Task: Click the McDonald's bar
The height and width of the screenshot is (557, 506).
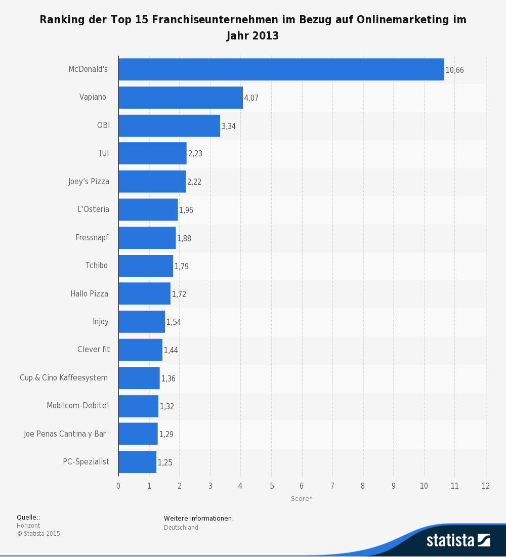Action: [281, 70]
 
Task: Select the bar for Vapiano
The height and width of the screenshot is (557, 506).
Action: [181, 98]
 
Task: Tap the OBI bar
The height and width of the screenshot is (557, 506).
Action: [169, 126]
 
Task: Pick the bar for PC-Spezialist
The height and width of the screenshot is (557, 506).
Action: [137, 462]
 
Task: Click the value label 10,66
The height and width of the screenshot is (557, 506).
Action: [454, 70]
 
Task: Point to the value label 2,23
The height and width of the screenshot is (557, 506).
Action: [195, 154]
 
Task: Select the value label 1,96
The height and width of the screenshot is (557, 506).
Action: [186, 210]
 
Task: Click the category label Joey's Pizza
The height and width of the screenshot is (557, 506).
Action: [89, 181]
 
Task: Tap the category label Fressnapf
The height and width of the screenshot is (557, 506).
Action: [92, 237]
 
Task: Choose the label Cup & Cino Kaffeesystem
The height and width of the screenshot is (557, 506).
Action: [64, 377]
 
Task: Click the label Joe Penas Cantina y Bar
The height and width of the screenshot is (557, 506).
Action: [65, 434]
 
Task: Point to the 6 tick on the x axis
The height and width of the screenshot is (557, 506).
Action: [302, 486]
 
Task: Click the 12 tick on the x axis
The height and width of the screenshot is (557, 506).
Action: [486, 486]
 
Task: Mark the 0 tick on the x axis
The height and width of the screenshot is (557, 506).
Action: [118, 486]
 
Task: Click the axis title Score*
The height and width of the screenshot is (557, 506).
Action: [302, 499]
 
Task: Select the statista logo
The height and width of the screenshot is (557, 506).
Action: [458, 540]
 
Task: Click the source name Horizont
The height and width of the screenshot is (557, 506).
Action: [28, 526]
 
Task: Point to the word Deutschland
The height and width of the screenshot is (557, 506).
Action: [181, 528]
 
